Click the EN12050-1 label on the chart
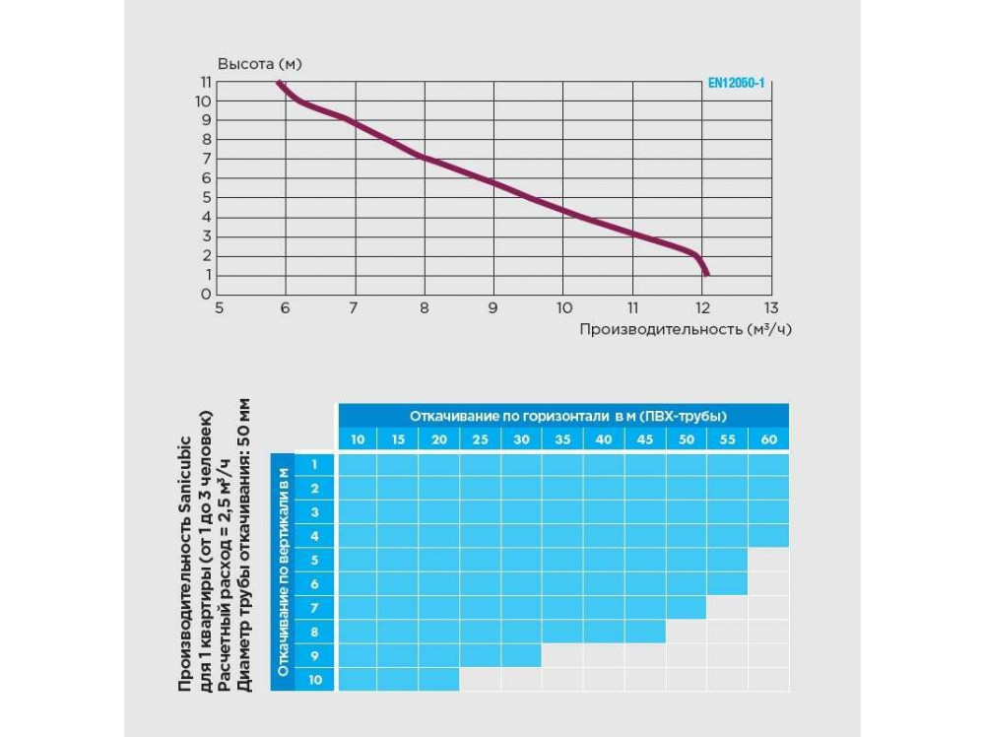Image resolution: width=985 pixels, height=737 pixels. click(736, 85)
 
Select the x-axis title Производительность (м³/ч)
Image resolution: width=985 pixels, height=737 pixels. click(685, 329)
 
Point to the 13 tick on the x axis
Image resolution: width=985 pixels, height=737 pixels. click(770, 307)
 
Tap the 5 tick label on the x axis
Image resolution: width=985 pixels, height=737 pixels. click(218, 307)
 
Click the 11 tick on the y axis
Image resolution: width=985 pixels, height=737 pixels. click(205, 82)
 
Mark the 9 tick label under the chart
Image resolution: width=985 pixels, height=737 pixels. click(492, 307)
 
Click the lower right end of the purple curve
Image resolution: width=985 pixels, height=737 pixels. click(706, 274)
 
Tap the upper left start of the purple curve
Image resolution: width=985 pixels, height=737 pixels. click(279, 83)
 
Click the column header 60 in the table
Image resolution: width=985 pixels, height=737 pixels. click(768, 439)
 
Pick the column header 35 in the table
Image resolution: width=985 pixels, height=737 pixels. click(562, 439)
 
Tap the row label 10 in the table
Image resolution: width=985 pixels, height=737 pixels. click(315, 680)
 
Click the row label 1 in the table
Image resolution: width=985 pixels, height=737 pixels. click(315, 464)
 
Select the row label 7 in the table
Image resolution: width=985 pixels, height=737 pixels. click(315, 608)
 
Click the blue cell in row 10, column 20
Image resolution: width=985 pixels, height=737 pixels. click(438, 680)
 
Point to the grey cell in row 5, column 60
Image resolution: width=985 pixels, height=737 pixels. click(768, 560)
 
